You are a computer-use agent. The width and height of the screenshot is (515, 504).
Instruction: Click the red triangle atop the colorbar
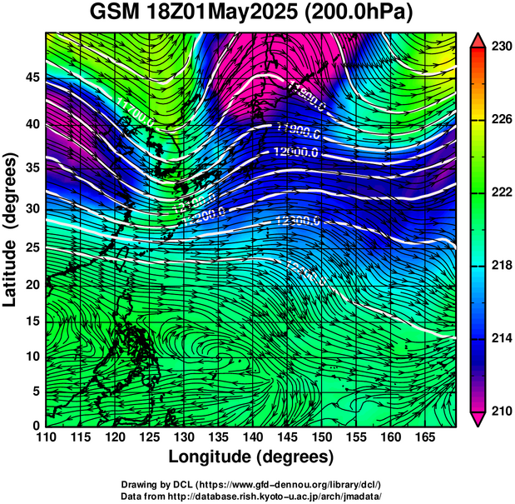point(478,40)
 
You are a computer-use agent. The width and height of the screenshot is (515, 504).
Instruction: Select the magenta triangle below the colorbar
point(478,418)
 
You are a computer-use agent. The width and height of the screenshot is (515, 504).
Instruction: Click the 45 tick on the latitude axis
point(31,77)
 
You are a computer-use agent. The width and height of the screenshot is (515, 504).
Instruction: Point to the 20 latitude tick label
point(31,284)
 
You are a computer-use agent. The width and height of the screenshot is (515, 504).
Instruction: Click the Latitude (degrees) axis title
point(12,229)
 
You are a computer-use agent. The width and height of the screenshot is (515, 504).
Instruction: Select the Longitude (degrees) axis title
point(251,457)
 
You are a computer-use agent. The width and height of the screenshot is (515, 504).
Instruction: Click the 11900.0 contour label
point(297,128)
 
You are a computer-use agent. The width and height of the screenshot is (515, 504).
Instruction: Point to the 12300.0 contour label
point(297,220)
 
